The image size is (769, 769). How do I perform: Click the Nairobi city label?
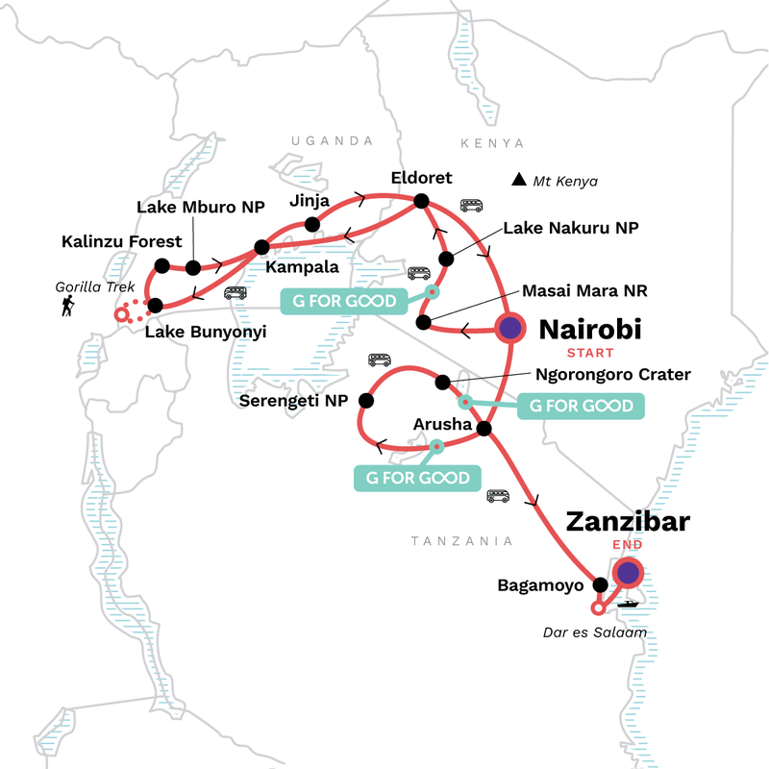coord(589,331)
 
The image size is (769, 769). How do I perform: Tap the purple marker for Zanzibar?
coord(628,574)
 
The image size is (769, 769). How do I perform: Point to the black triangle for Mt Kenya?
coord(519,180)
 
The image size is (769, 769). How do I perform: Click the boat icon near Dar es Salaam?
coord(630,603)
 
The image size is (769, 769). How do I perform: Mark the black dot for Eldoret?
coord(420,201)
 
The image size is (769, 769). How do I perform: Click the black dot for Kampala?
coord(260,246)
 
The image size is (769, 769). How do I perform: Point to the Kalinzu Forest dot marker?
coord(161,266)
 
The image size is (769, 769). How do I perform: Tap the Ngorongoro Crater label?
coord(612,374)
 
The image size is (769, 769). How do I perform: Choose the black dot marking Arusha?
coord(485,428)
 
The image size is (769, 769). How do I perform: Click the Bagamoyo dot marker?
coord(601,584)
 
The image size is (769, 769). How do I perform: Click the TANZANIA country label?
coord(461,541)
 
